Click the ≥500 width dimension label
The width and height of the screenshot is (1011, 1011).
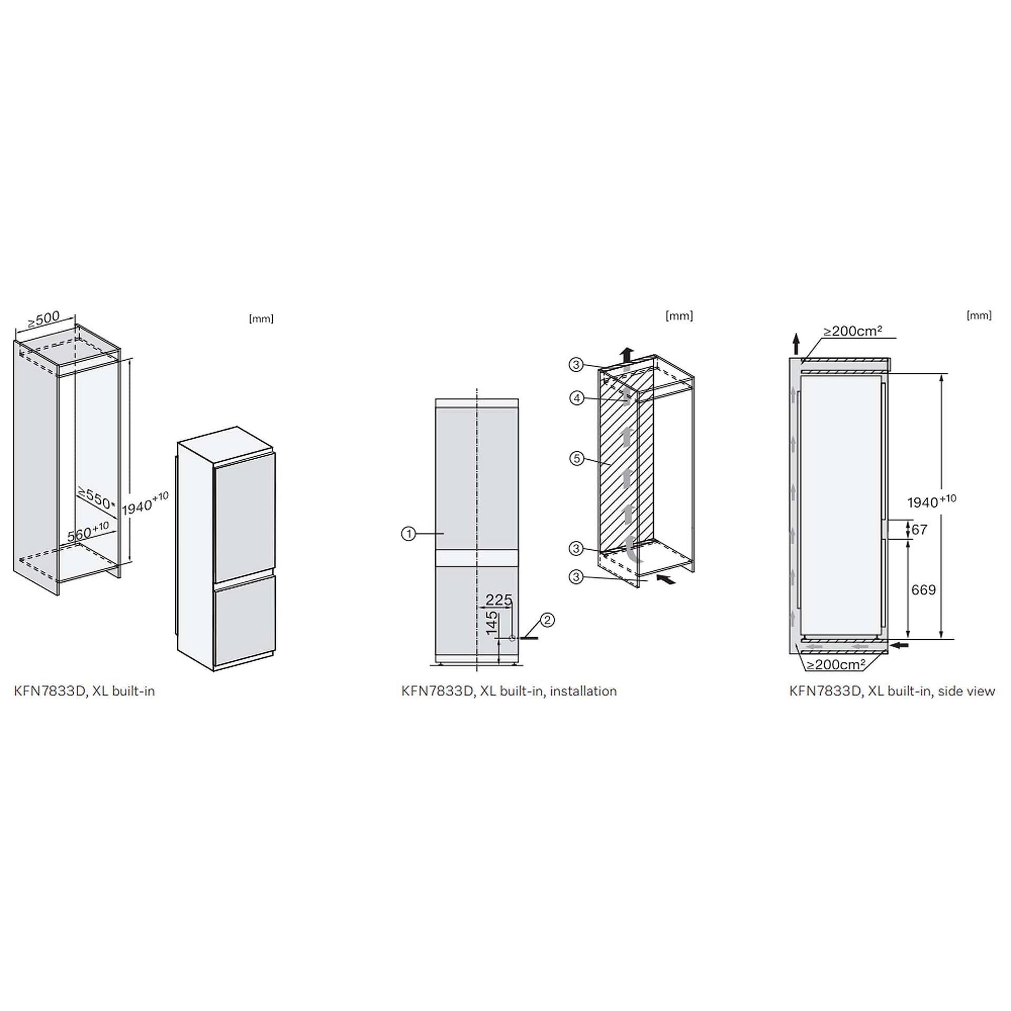pyautogui.click(x=44, y=318)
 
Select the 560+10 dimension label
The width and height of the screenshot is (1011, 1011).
pyautogui.click(x=88, y=531)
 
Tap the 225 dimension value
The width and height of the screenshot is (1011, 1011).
pyautogui.click(x=499, y=600)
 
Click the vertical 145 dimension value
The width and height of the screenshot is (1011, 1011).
pyautogui.click(x=491, y=622)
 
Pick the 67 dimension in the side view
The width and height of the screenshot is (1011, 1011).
pyautogui.click(x=919, y=529)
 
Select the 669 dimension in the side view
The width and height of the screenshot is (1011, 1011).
pyautogui.click(x=923, y=590)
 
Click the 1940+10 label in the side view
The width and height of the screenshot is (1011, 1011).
pyautogui.click(x=931, y=501)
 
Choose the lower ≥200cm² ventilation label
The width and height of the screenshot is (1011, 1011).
pyautogui.click(x=836, y=665)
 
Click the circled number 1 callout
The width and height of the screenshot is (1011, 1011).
pyautogui.click(x=408, y=534)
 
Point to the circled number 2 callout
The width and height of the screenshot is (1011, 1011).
pyautogui.click(x=548, y=620)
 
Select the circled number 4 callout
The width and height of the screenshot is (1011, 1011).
pyautogui.click(x=577, y=398)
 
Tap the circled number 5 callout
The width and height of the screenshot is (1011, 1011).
pyautogui.click(x=577, y=459)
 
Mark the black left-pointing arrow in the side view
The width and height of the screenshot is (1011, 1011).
pyautogui.click(x=899, y=645)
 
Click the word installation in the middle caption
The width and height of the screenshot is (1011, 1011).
pyautogui.click(x=583, y=691)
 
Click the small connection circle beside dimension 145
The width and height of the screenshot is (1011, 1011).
pyautogui.click(x=512, y=638)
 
